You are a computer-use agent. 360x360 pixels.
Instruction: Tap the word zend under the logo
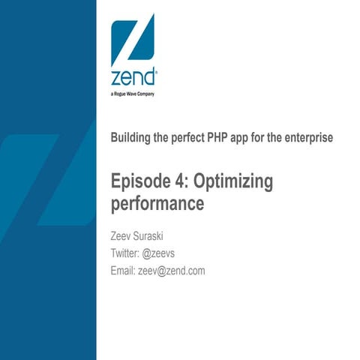click(x=133, y=78)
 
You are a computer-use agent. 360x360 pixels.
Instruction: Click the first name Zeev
click(x=122, y=238)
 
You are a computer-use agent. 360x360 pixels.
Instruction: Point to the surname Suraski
click(x=159, y=238)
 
